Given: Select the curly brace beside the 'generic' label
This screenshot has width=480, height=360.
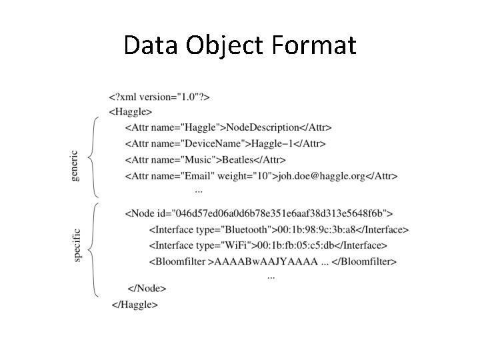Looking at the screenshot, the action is tap(94, 158).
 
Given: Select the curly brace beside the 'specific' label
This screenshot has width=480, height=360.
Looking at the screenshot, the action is tap(94, 249).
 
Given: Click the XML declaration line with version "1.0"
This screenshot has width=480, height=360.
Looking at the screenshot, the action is tap(159, 97).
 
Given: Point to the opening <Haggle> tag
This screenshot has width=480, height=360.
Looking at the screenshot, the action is tap(130, 112).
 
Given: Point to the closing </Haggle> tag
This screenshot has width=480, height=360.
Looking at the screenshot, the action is tap(135, 305).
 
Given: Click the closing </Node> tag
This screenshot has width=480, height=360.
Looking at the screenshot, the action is tap(147, 289).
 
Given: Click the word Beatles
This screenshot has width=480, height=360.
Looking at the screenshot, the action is tap(243, 160).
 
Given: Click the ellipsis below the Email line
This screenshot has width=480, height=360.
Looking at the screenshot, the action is tap(199, 191).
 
